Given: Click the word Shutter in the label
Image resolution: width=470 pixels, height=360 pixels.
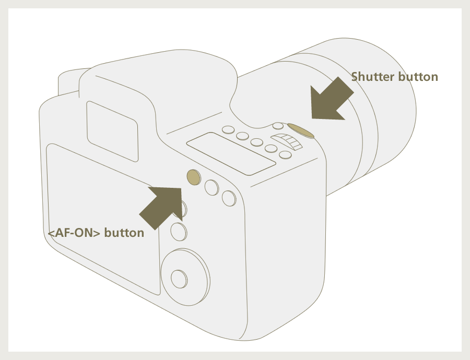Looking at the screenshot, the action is coord(372,77).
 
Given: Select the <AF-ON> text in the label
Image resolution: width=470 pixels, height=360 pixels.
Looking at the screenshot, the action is coord(74,233).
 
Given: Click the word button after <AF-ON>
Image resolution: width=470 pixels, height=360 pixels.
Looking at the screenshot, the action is coord(124,233).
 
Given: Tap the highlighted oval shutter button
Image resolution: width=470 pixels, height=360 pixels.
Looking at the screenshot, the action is coord(301,131).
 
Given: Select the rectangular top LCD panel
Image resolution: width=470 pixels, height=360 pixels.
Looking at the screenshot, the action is coord(231,153).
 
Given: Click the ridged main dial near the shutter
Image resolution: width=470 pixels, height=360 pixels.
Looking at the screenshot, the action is coord(287,141).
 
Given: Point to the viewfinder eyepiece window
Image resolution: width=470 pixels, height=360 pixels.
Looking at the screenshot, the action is coord(112,131).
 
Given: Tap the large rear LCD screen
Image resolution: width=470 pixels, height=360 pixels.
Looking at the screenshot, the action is coord(103,219).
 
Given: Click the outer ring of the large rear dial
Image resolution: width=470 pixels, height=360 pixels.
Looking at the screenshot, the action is coord(185,277).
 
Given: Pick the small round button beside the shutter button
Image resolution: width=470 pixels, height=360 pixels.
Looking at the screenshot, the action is coord(278,126).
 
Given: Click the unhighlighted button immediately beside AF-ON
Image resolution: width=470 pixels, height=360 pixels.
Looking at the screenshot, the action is coord(211,188).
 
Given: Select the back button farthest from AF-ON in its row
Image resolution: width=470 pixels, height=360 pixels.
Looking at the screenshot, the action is coord(229,198).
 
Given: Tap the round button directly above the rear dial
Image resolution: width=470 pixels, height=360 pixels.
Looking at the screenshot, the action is coord(179,232).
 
